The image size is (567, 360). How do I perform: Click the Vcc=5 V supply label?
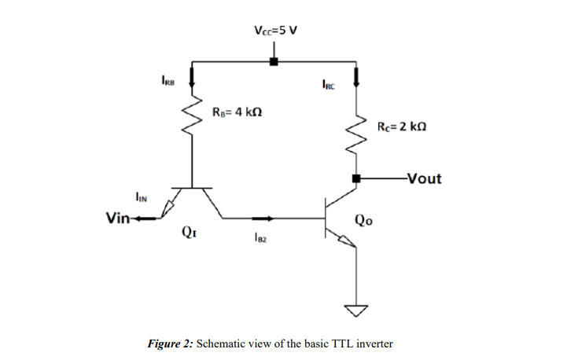pos(275,31)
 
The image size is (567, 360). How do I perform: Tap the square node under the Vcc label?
pos(274,61)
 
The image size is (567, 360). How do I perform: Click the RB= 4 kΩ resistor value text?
pos(237,111)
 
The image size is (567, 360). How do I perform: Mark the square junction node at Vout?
pos(357,179)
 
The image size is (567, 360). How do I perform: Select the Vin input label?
pos(119,218)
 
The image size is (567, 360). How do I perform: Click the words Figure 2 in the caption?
pos(170,343)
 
